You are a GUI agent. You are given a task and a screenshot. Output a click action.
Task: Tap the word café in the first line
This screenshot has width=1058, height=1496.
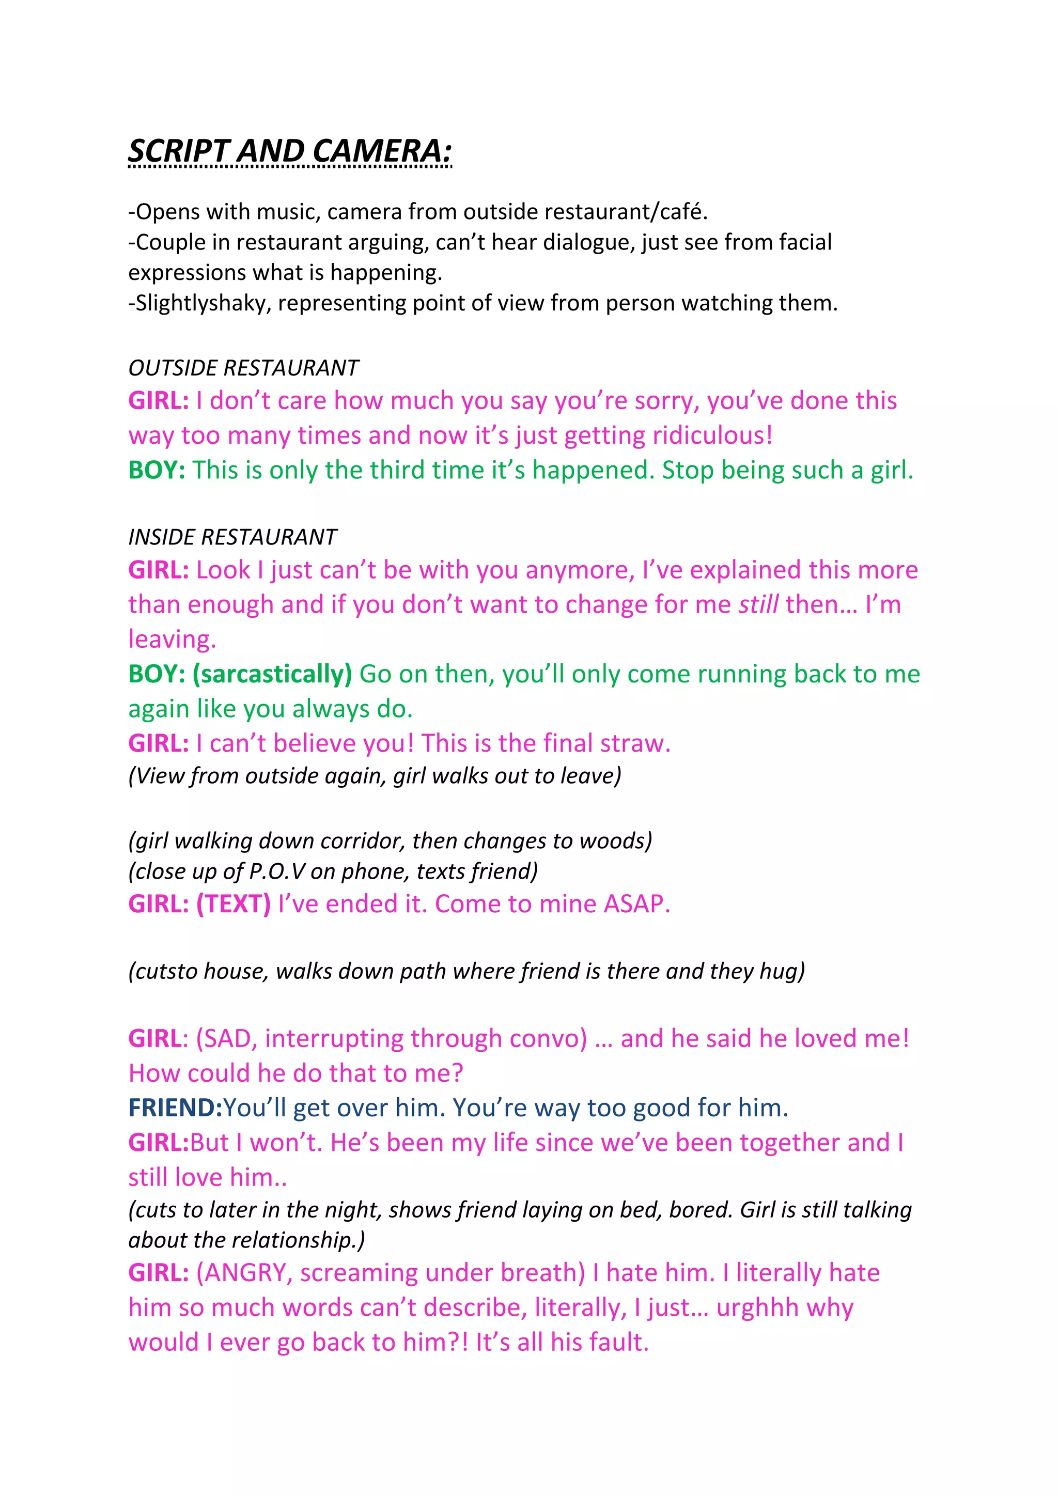[x=683, y=212]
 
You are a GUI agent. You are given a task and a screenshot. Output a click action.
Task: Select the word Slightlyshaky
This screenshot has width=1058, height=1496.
[x=199, y=304]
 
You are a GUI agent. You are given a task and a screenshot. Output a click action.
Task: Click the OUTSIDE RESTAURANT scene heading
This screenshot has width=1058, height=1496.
[x=243, y=368]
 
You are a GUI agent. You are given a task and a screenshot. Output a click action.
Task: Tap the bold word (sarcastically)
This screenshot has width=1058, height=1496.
[x=272, y=674]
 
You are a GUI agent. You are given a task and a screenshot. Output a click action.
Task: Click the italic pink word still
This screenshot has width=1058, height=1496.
[x=758, y=605]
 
